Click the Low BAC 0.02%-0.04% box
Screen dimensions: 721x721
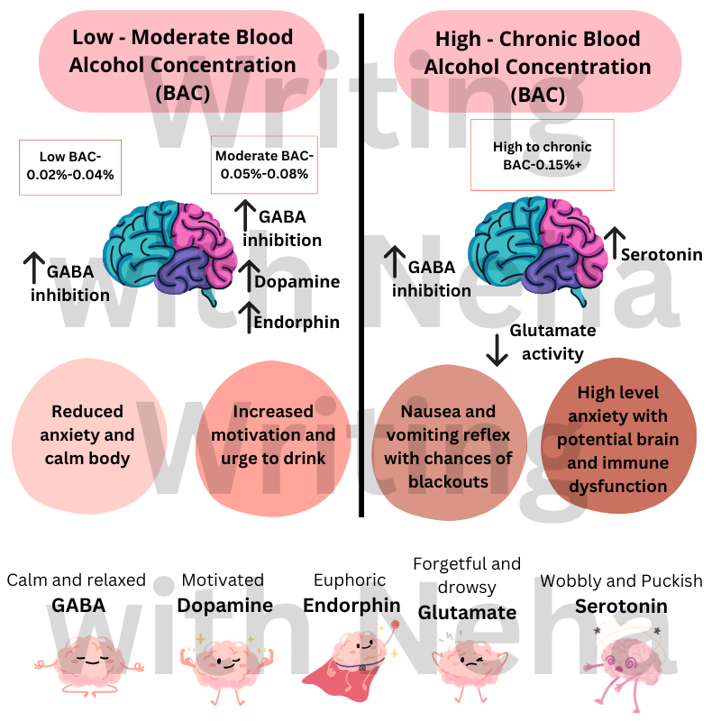click(70, 168)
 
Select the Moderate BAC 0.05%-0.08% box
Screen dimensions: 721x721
click(264, 165)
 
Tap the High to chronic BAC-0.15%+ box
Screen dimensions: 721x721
click(543, 155)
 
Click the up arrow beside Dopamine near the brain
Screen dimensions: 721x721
click(249, 276)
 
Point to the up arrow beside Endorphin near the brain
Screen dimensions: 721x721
click(250, 317)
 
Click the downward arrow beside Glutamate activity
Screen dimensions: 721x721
click(497, 351)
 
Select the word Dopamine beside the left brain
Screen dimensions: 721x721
click(297, 282)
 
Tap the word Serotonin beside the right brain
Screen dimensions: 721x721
click(662, 254)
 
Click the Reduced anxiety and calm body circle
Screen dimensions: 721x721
click(87, 435)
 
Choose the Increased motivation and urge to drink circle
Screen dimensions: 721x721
click(273, 438)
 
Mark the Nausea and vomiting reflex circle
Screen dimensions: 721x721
click(449, 443)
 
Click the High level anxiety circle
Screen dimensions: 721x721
click(619, 436)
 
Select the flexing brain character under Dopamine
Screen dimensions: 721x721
click(226, 669)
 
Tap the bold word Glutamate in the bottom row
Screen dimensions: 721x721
click(467, 613)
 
